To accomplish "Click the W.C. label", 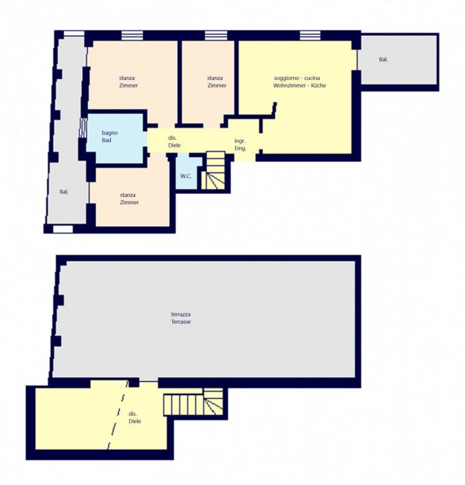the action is click(x=186, y=176).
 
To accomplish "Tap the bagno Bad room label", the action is click(x=110, y=136).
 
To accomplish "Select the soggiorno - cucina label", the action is click(x=296, y=78).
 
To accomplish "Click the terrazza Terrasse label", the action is click(x=181, y=318).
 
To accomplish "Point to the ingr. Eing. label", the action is click(x=240, y=144).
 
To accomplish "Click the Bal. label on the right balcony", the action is click(x=383, y=59).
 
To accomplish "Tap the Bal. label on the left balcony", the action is click(x=64, y=192).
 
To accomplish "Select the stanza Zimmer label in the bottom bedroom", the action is click(x=129, y=199).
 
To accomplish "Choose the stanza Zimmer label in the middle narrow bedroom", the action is click(x=216, y=82).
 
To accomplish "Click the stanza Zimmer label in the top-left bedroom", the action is click(x=129, y=82).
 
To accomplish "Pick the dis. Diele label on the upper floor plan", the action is click(x=174, y=142).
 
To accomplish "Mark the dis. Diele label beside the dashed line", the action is click(x=135, y=418).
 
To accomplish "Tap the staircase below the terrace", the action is click(x=193, y=402).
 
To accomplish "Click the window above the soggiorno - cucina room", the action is click(x=310, y=35).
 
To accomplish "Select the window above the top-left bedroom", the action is click(x=132, y=35).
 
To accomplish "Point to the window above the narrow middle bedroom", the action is click(x=216, y=35).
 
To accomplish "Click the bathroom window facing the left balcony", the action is click(x=83, y=128).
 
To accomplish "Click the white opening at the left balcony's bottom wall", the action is click(x=63, y=229).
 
